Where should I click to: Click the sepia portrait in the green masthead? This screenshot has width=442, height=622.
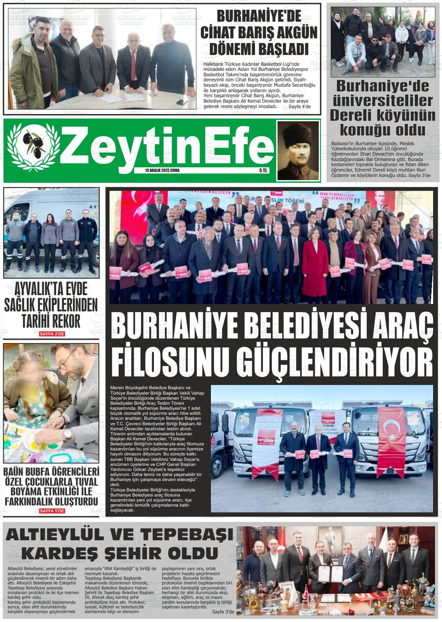pyautogui.click(x=297, y=150)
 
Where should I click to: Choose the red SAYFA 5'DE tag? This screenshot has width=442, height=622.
pyautogui.click(x=52, y=511)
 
